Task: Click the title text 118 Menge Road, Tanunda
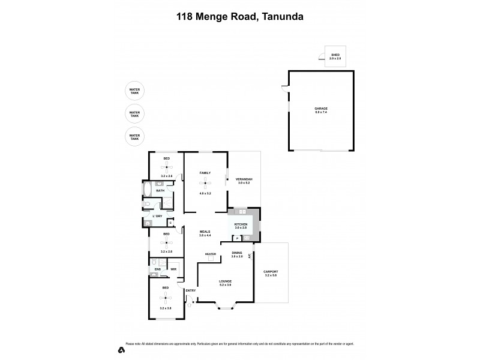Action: click(240, 17)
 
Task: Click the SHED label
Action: click(335, 55)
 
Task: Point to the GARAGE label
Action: click(321, 110)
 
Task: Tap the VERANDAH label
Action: click(244, 180)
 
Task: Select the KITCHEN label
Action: click(241, 225)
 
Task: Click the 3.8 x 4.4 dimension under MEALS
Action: click(206, 236)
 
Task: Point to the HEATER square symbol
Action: click(211, 262)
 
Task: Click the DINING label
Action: click(236, 253)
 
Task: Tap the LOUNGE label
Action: click(225, 281)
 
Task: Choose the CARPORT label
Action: click(271, 272)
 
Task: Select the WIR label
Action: click(173, 269)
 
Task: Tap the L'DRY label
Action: click(157, 216)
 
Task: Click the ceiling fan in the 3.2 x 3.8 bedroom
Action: click(166, 297)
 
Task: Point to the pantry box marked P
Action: click(237, 238)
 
